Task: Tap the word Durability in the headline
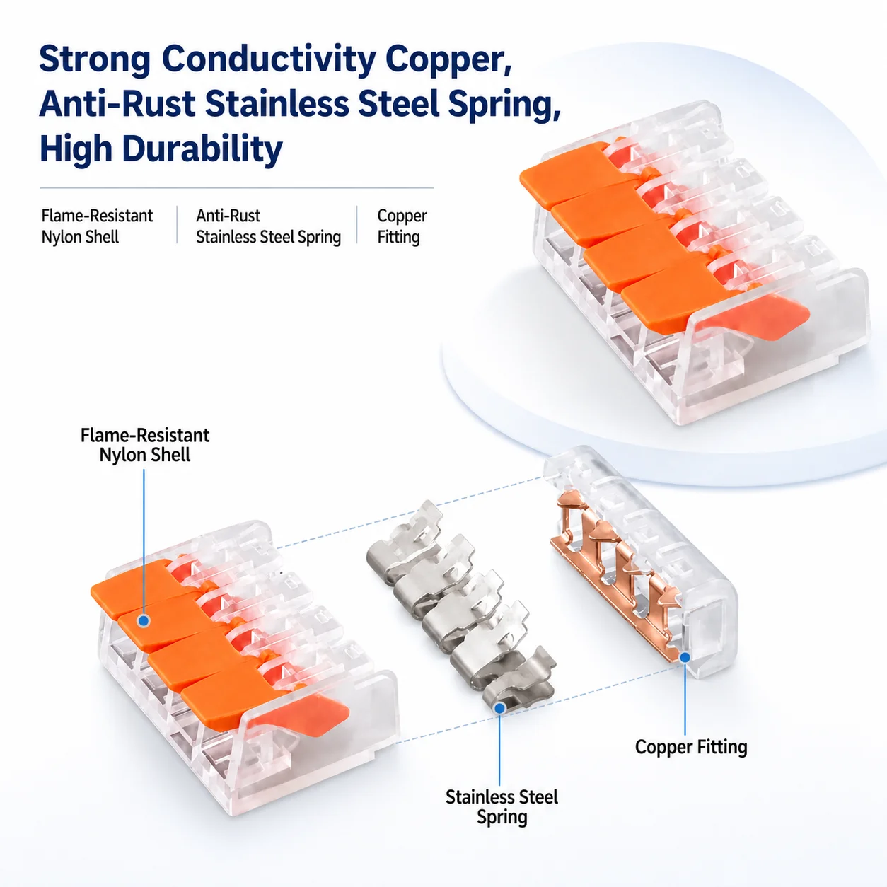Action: click(x=202, y=149)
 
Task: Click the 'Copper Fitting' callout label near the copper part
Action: click(x=691, y=747)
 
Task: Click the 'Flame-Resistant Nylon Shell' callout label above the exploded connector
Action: click(x=144, y=445)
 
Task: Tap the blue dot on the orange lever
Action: click(x=144, y=621)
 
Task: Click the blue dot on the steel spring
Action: click(x=499, y=708)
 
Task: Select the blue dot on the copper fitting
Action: click(x=685, y=657)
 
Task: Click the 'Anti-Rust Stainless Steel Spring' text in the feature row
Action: click(x=268, y=226)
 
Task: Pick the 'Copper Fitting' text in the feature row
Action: click(x=402, y=226)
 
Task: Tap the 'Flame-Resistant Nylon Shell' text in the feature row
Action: click(x=97, y=226)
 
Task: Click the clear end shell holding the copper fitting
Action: click(x=641, y=562)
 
